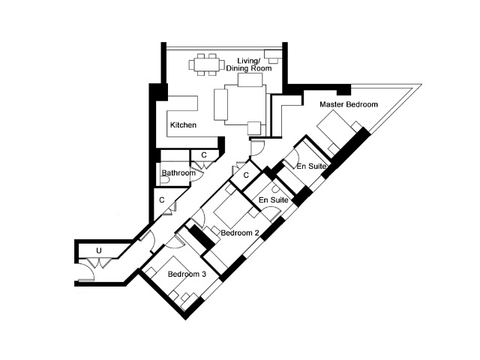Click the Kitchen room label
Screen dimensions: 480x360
pyautogui.click(x=183, y=125)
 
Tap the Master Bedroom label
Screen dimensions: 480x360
pyautogui.click(x=349, y=104)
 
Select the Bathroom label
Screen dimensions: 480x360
pyautogui.click(x=178, y=173)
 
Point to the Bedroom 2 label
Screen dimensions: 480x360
pyautogui.click(x=240, y=233)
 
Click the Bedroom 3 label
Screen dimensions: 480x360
pyautogui.click(x=187, y=274)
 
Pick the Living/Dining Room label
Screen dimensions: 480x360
pyautogui.click(x=248, y=64)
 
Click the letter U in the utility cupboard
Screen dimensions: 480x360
pyautogui.click(x=99, y=251)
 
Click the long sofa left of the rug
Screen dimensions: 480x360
pyautogui.click(x=220, y=104)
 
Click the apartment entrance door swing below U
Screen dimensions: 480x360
pyautogui.click(x=87, y=271)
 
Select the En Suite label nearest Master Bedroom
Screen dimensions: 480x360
pyautogui.click(x=311, y=166)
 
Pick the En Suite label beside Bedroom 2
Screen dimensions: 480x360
pyautogui.click(x=273, y=200)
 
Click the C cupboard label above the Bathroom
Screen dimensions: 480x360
pyautogui.click(x=204, y=155)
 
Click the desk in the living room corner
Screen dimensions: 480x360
pyautogui.click(x=273, y=56)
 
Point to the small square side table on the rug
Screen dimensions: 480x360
pyautogui.click(x=254, y=128)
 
